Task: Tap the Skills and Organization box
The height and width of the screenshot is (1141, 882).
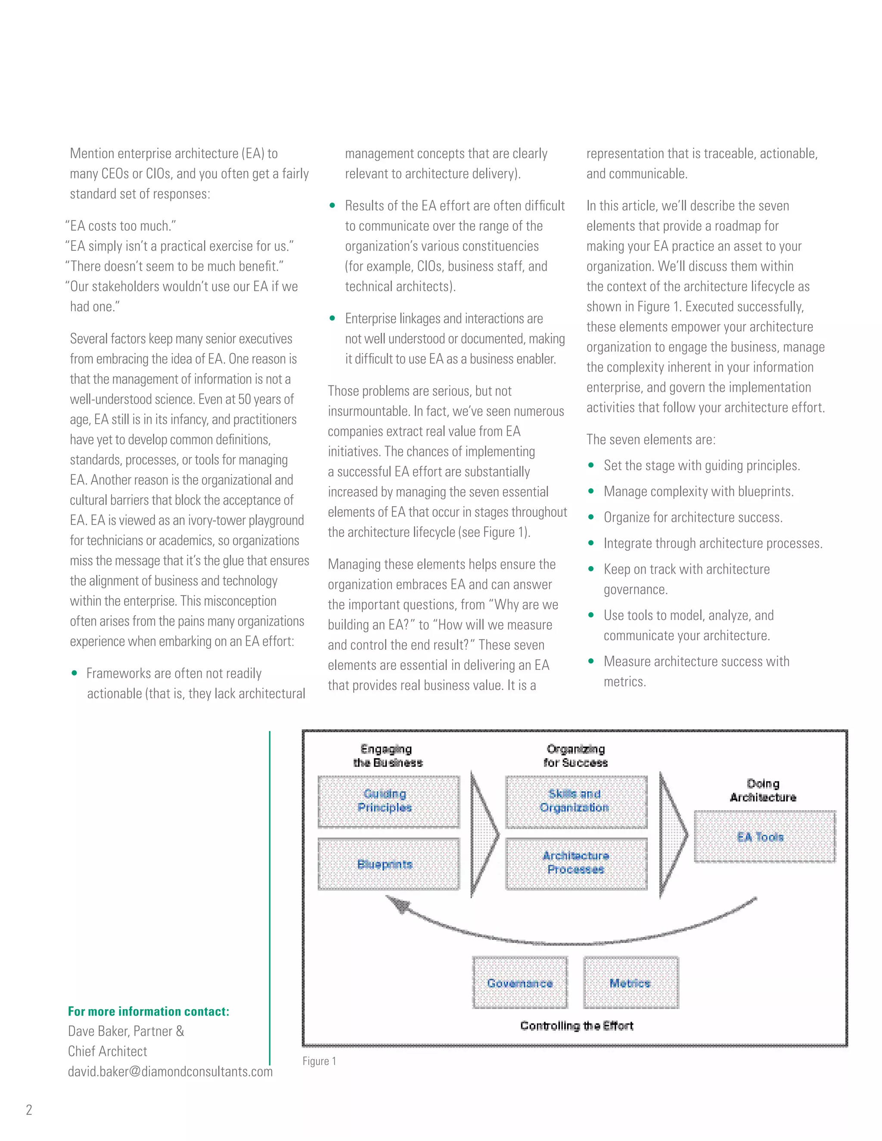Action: [576, 801]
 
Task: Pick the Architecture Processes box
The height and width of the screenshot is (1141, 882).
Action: [576, 863]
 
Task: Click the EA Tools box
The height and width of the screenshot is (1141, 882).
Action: [764, 837]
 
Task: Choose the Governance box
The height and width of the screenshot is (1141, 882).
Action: [519, 983]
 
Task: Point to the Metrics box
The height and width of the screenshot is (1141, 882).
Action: [630, 983]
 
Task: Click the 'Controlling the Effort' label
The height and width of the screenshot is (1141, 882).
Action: [576, 1026]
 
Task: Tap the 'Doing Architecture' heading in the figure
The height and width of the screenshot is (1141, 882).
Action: [763, 790]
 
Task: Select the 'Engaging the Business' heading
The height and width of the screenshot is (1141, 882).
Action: [387, 756]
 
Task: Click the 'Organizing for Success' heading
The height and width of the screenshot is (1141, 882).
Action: [575, 756]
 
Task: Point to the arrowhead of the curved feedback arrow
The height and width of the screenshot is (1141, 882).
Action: [397, 904]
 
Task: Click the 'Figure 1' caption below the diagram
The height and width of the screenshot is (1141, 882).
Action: [319, 1061]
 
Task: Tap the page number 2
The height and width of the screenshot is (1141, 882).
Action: [29, 1110]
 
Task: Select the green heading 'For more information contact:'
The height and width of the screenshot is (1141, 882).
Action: [149, 1011]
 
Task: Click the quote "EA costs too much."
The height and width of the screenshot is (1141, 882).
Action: [121, 226]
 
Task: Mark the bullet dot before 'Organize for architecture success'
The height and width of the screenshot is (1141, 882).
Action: [591, 517]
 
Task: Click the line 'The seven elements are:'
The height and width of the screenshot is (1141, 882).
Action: [651, 439]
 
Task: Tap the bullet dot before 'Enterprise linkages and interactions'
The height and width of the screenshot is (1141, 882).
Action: [332, 318]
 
